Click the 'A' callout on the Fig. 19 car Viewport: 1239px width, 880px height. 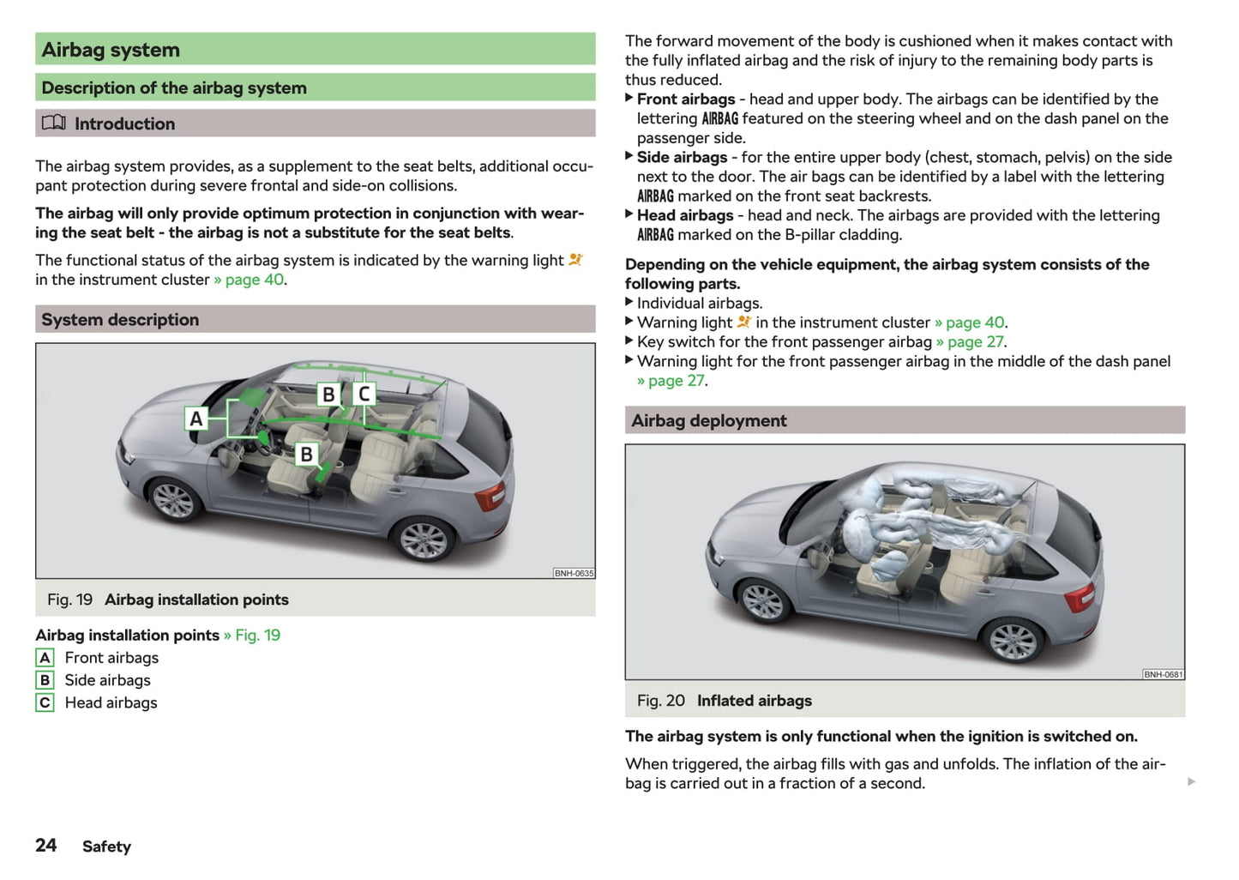pos(196,419)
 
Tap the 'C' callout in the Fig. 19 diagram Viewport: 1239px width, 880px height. pos(364,394)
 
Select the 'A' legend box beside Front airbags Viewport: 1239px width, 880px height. pos(45,658)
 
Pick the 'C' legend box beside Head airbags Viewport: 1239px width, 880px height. pos(45,702)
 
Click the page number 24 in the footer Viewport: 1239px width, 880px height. pos(46,846)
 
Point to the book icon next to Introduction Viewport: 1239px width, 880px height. pos(53,123)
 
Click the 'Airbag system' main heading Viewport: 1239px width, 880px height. pos(111,50)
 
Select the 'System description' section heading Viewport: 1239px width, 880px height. pos(120,320)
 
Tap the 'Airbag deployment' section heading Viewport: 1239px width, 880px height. pos(708,421)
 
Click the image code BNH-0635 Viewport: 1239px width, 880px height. pos(574,573)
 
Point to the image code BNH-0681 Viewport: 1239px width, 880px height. pos(1163,674)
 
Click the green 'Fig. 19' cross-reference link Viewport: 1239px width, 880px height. pos(257,636)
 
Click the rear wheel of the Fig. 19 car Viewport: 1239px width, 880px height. pos(423,540)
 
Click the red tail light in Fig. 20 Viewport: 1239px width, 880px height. pos(1080,596)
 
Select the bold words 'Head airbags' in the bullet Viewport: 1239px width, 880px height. pos(685,215)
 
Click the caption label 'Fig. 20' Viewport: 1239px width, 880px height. pos(660,701)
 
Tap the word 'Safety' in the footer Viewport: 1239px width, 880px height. pos(106,847)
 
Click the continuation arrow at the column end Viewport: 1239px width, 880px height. pos(1191,781)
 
